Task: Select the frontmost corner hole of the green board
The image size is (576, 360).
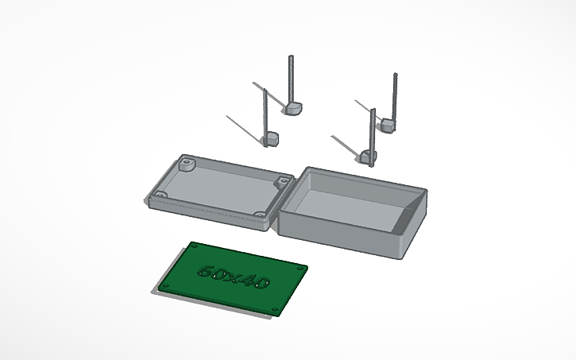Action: [x=276, y=308]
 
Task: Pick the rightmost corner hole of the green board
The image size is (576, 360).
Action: [x=301, y=269]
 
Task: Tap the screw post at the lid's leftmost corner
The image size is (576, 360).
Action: [x=160, y=195]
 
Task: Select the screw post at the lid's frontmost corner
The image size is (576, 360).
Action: [x=261, y=215]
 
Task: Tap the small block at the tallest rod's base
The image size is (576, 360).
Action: [x=292, y=108]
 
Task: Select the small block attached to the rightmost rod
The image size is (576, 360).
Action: [x=387, y=125]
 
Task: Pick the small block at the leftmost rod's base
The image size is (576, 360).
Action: [x=271, y=139]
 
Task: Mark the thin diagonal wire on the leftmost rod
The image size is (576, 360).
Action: [x=245, y=126]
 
